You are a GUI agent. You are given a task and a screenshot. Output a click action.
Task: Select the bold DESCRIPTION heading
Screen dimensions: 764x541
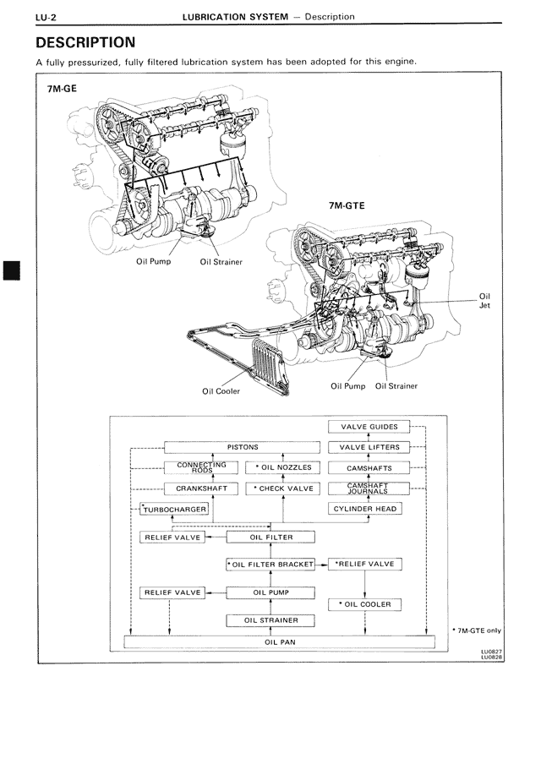pyautogui.click(x=85, y=42)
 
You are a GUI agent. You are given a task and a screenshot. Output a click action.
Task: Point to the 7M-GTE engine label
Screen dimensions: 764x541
pyautogui.click(x=347, y=205)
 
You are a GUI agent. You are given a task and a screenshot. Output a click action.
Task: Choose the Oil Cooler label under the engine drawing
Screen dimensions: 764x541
pyautogui.click(x=221, y=391)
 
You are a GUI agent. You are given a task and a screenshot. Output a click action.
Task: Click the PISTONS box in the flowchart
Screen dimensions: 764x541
pyautogui.click(x=243, y=447)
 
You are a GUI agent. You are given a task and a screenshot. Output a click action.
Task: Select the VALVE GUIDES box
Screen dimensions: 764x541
pyautogui.click(x=369, y=427)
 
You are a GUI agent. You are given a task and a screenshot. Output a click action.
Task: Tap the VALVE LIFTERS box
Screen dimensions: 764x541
pyautogui.click(x=369, y=447)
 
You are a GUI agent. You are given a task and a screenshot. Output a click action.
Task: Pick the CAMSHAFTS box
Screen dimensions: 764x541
pyautogui.click(x=369, y=467)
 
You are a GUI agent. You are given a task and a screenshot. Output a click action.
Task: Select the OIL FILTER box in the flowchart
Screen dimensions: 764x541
pyautogui.click(x=271, y=537)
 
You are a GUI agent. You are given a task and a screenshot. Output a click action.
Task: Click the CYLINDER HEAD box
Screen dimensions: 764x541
pyautogui.click(x=365, y=509)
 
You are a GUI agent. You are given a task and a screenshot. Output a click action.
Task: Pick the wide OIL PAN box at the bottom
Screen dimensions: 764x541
pyautogui.click(x=279, y=641)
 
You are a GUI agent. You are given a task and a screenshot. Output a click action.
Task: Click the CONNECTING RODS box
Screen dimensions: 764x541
pyautogui.click(x=200, y=467)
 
